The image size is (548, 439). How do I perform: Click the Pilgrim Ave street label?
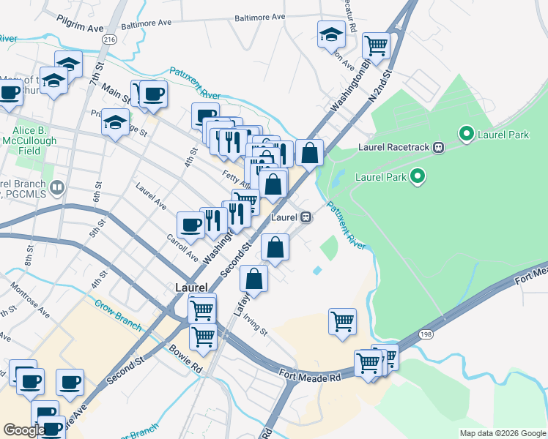(x=80, y=27)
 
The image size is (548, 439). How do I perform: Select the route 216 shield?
(x=109, y=40)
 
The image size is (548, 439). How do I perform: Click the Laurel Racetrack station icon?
(x=438, y=147)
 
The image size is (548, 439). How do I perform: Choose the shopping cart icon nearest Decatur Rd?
(x=376, y=46)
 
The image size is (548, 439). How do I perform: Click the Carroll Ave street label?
(x=182, y=249)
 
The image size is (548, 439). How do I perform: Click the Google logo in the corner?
(x=23, y=430)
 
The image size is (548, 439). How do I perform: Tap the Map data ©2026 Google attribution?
(x=501, y=433)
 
